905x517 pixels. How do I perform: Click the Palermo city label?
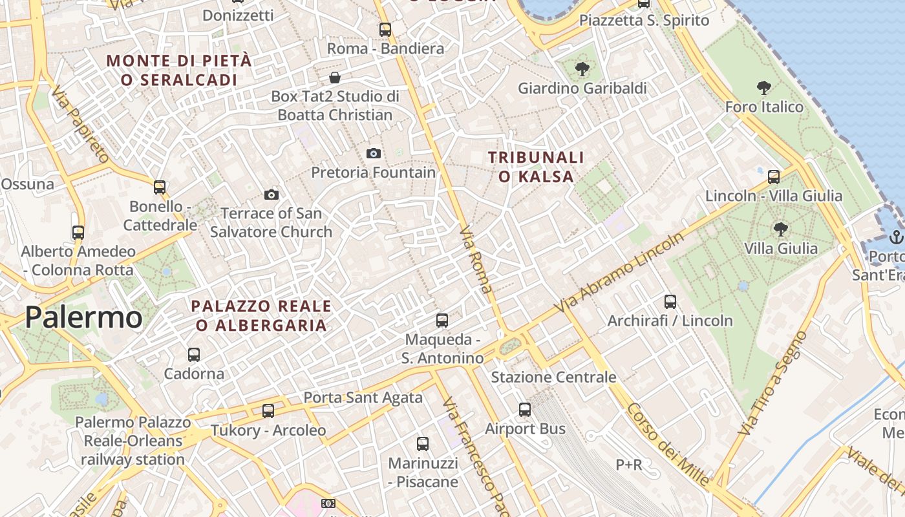[x=83, y=317]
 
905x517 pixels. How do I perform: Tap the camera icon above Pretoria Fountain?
[x=373, y=153]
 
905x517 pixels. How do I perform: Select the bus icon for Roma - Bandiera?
[x=385, y=29]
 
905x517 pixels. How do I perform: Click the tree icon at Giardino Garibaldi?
[x=582, y=69]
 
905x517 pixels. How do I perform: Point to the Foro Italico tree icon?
[x=764, y=87]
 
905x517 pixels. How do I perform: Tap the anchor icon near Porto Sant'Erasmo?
[x=896, y=237]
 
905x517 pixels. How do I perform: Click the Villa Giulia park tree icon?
[x=780, y=228]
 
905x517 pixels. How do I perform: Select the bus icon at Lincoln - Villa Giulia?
[x=774, y=176]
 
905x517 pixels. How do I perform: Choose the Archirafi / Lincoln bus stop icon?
[x=670, y=301]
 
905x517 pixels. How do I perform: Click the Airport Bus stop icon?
[x=525, y=409]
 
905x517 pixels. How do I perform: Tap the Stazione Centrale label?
[x=554, y=377]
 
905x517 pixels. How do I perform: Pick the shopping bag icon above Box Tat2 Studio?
[x=335, y=78]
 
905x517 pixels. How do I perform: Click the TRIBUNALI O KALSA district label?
[x=536, y=167]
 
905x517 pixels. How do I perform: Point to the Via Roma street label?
[x=476, y=259]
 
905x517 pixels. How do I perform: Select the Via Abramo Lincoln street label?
[x=619, y=274]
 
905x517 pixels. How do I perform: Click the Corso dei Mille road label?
[x=667, y=445]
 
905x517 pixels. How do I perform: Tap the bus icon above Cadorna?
[x=193, y=354]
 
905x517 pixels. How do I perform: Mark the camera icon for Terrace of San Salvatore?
[x=271, y=195]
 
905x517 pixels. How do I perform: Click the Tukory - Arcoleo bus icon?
[x=268, y=410]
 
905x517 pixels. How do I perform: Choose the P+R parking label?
[x=628, y=464]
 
